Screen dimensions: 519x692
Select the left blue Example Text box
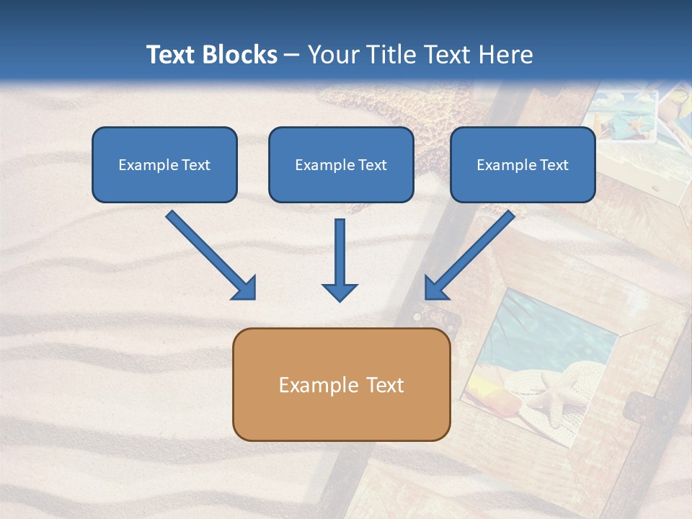click(164, 164)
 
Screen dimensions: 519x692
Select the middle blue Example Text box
click(341, 164)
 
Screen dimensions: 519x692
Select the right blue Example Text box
click(523, 164)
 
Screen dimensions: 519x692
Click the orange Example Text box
click(341, 384)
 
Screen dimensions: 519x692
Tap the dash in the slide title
click(292, 56)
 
